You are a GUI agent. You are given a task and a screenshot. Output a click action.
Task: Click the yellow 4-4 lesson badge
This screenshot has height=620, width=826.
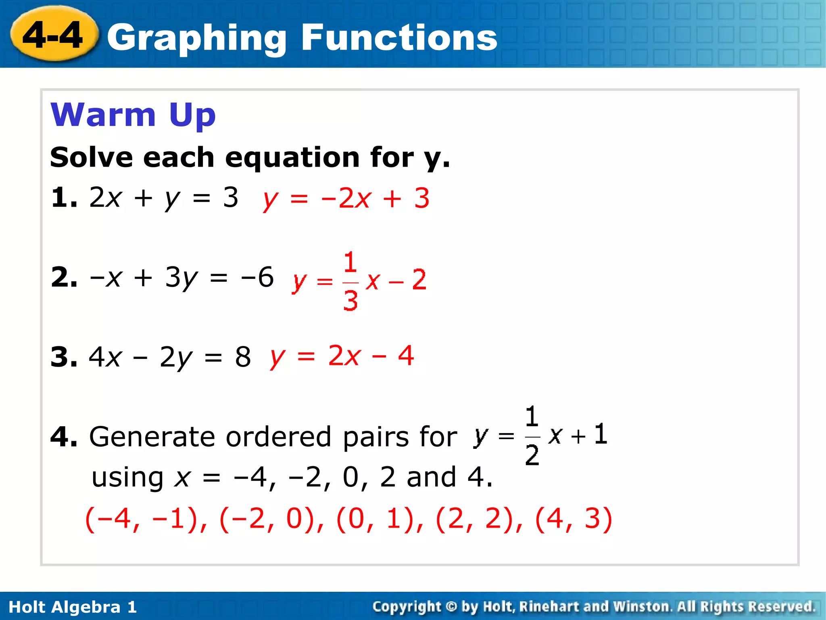point(54,35)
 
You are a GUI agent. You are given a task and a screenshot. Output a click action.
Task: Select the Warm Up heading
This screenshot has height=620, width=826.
point(133,115)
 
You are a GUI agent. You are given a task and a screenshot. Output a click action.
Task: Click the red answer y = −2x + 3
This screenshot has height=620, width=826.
point(346,199)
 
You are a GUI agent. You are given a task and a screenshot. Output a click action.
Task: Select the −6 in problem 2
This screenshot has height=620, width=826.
point(257,277)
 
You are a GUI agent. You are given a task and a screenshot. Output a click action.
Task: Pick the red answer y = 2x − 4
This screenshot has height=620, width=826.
point(342,356)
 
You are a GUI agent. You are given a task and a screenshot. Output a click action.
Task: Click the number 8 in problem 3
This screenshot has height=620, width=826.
point(243,357)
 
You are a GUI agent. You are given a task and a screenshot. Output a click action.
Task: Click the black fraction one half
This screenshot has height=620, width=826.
point(532,436)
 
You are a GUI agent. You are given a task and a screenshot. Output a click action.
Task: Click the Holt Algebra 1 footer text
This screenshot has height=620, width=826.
point(73,607)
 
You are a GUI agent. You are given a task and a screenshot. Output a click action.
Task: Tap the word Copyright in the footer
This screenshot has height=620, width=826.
point(407,607)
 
